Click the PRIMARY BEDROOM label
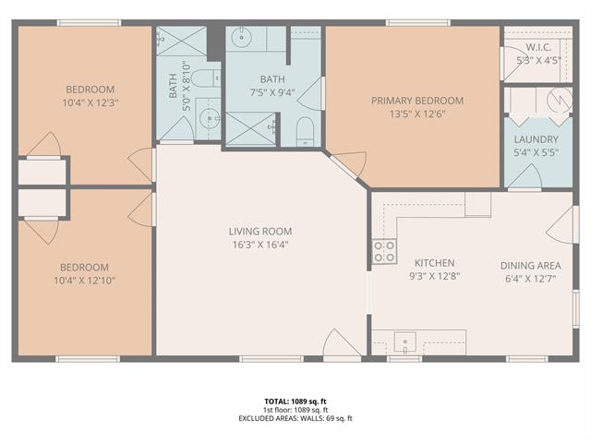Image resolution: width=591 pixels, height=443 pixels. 417,101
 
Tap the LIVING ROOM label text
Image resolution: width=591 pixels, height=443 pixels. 260,232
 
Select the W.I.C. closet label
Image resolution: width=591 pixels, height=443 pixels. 538,47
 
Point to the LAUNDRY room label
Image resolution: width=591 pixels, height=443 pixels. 536,139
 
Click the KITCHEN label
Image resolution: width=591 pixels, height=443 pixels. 435,263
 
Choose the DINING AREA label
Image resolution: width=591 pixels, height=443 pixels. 530,266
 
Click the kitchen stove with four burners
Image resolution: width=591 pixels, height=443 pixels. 384,251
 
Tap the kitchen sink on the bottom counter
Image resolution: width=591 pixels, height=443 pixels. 405,342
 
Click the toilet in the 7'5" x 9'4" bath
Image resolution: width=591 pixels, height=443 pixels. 305,132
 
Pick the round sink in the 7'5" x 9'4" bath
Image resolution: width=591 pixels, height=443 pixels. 241,37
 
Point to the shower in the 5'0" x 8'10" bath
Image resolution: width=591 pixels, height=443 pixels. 181,41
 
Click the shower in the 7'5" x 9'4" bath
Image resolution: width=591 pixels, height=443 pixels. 251,128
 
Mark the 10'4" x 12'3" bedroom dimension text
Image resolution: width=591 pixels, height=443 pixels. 90,102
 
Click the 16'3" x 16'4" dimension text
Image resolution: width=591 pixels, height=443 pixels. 260,245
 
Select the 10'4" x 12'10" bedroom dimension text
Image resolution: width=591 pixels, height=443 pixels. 84,281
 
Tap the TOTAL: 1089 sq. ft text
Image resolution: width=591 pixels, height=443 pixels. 295,401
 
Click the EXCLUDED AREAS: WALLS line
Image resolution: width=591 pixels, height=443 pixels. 295,418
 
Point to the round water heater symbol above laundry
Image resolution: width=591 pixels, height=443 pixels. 560,101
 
